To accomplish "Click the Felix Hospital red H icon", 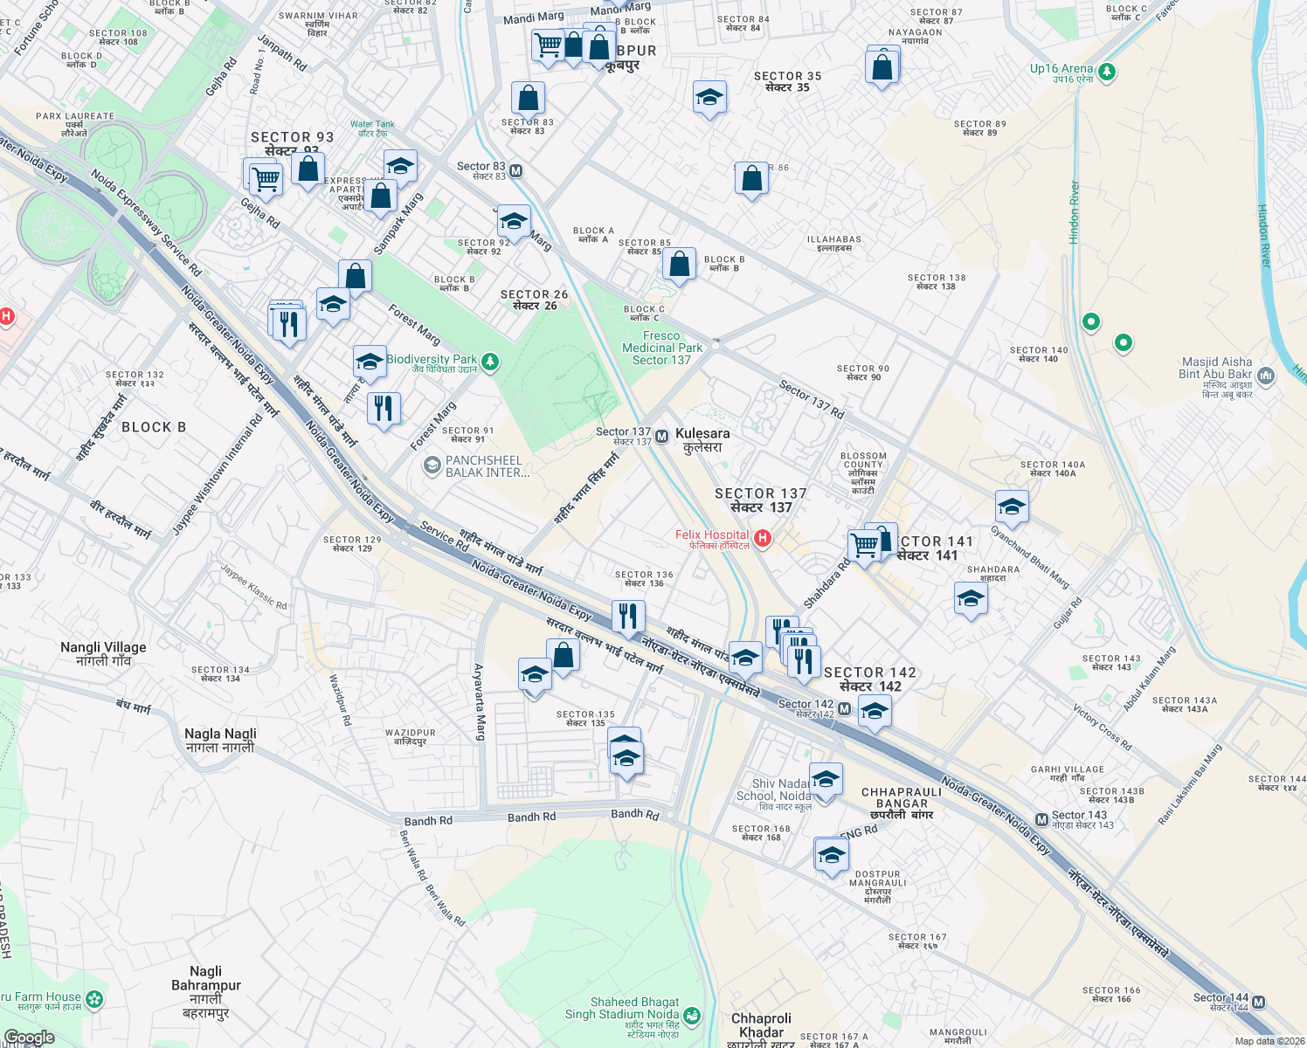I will click(x=763, y=538).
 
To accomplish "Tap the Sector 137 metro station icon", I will click(x=661, y=435).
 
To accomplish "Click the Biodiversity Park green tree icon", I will click(x=490, y=362).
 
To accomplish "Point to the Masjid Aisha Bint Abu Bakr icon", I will click(x=1267, y=376).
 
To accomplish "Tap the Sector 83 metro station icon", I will click(x=516, y=171).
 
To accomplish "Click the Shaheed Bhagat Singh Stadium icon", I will click(x=692, y=1015).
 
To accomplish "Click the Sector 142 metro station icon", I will click(x=844, y=708).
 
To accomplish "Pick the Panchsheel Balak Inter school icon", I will click(x=432, y=465).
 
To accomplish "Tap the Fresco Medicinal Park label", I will click(x=661, y=348).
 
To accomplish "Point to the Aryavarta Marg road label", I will click(x=479, y=702).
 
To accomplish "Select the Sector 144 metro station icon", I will click(x=1259, y=1002).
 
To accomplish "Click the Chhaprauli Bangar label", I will click(x=902, y=797).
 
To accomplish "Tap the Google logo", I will click(x=29, y=1038).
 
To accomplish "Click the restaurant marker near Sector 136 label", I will click(x=628, y=617).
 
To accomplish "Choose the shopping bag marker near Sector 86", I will click(x=751, y=179).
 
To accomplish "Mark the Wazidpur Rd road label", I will click(x=340, y=700).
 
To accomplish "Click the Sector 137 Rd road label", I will click(x=812, y=400).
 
